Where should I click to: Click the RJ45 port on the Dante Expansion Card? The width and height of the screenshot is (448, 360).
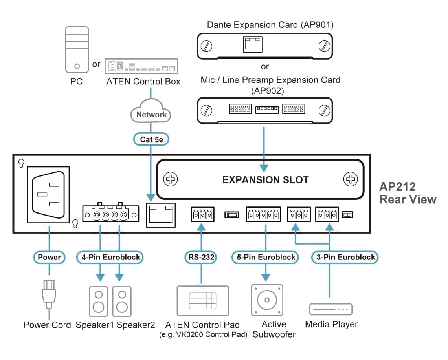coord(252,45)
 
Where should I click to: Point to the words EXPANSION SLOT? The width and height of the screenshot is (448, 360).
coord(265,180)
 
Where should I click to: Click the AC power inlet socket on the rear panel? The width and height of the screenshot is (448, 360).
coord(48,195)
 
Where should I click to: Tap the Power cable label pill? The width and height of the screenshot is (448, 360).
coord(49,258)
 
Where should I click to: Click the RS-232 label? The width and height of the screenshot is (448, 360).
coord(201,258)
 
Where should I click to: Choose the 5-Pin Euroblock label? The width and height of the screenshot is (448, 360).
coord(266,258)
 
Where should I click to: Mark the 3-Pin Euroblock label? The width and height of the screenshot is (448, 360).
coord(345,258)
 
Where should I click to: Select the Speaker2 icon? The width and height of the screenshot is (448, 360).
coord(122,302)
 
